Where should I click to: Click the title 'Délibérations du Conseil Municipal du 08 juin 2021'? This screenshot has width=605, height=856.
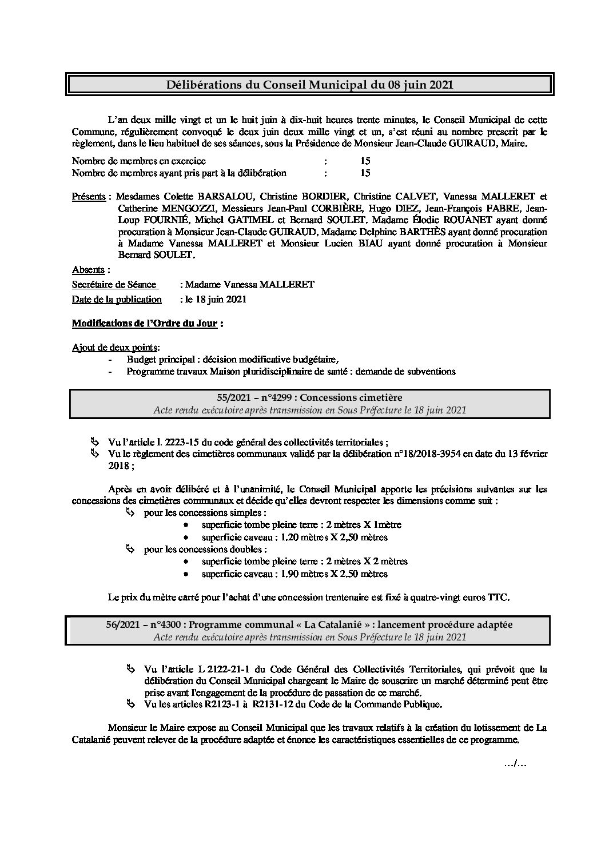coord(309,85)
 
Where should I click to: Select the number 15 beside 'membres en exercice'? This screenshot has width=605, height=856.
coord(365,161)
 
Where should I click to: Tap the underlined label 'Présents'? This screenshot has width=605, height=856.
coord(89,197)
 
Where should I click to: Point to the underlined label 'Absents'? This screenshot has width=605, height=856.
coord(88,269)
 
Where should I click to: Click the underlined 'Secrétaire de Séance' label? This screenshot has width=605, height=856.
coord(114,284)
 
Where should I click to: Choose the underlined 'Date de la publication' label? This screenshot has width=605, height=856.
coord(117,299)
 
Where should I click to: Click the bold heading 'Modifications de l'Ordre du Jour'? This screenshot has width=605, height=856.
coord(144,324)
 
